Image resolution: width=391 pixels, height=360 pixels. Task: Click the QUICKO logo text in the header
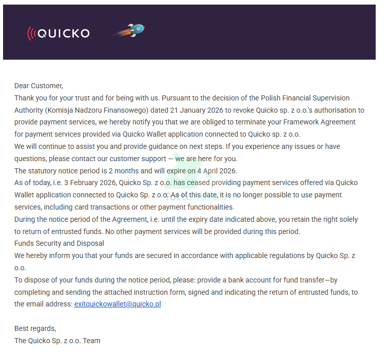63,34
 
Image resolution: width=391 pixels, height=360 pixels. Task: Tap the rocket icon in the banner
135,31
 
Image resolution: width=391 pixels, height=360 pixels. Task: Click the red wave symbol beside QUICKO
32,34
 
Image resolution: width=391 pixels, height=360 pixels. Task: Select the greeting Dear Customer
38,86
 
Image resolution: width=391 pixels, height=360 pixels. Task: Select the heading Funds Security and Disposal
59,243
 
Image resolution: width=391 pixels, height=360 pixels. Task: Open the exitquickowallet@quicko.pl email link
117,304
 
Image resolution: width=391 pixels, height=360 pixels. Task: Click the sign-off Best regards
35,328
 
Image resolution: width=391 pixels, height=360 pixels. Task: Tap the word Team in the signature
92,341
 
